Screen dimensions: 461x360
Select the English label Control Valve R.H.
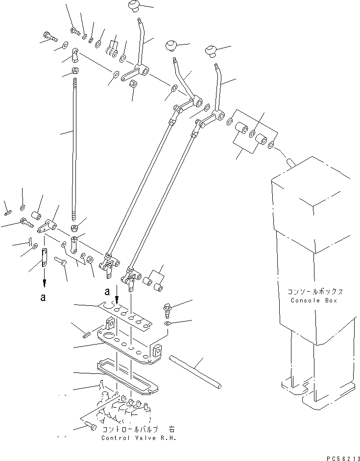[x=138, y=438]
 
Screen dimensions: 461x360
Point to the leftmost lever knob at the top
[x=133, y=6]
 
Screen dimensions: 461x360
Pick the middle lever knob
[x=171, y=46]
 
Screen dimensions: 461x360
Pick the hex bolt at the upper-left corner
[x=49, y=36]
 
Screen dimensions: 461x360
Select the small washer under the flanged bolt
[x=167, y=323]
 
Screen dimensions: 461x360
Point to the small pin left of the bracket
[x=85, y=335]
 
